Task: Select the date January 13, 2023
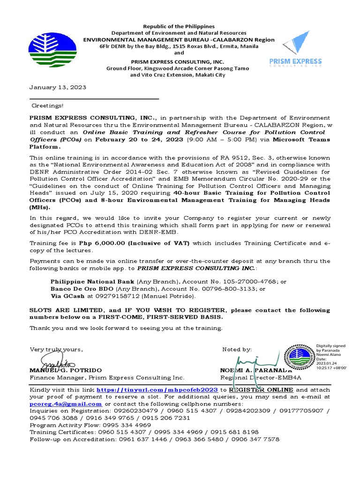point(58,87)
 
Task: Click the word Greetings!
point(47,106)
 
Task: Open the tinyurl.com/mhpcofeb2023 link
point(157,390)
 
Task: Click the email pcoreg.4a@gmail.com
point(66,404)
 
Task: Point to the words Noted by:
point(237,350)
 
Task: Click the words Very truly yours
point(56,350)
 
